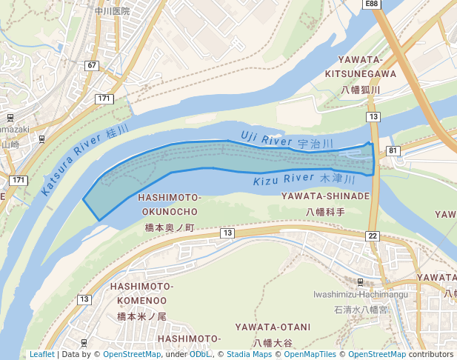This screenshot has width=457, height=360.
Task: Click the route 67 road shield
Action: pos(92,66)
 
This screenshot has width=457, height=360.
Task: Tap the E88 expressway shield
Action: pos(372,4)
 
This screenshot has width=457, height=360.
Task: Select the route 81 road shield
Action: pos(393,151)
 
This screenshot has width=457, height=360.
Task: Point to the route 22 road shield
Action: pos(372,236)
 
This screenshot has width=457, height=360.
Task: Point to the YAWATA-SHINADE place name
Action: pos(325,196)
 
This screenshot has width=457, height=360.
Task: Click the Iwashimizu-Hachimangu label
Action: pos(361,294)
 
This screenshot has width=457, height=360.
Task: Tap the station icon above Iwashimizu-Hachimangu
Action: pos(360,282)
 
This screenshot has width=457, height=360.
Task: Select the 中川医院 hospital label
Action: pos(113,11)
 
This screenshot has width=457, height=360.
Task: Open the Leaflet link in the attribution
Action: pos(41,354)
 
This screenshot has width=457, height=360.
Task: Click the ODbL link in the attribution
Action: pos(199,354)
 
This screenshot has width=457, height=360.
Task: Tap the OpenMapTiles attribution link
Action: pos(312,354)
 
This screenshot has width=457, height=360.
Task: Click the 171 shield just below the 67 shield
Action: pos(104,99)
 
